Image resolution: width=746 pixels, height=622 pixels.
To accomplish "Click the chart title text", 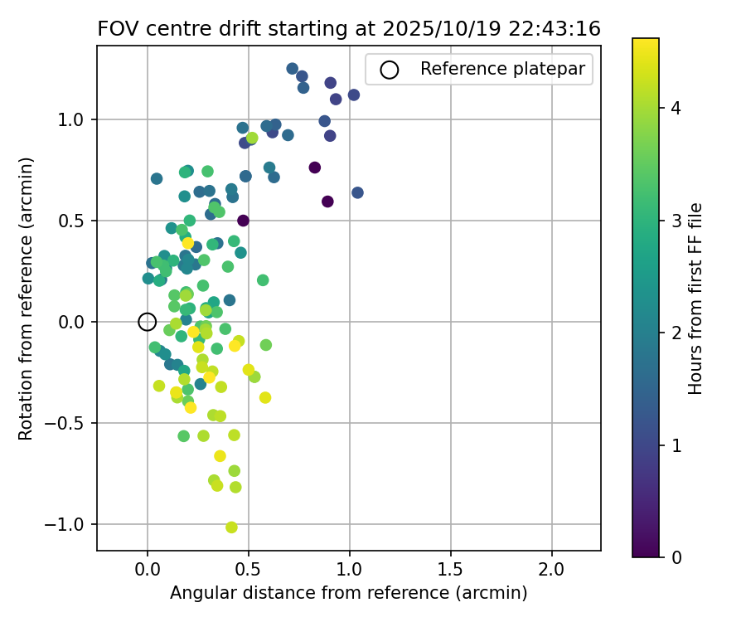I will pos(349,28).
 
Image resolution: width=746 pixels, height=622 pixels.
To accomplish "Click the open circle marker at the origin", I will pos(147,322).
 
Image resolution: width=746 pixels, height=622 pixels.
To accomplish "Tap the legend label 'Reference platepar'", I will pos(503,70).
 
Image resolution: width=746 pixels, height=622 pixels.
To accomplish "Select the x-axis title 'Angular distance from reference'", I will pos(349,594).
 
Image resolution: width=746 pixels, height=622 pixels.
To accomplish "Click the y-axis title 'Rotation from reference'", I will pos(26,299).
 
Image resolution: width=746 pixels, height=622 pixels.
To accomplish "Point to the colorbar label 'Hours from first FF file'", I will pos(696,299).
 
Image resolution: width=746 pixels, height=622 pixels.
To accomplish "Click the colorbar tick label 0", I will pos(676,557).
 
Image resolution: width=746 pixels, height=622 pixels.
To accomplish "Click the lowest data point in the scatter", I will pos(231,527).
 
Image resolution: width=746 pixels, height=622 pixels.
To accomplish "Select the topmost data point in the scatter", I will pos(292,69).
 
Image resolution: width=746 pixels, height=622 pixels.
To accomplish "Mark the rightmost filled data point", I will pos(357,192).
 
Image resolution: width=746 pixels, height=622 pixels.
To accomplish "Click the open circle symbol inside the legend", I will pos(390,70).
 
